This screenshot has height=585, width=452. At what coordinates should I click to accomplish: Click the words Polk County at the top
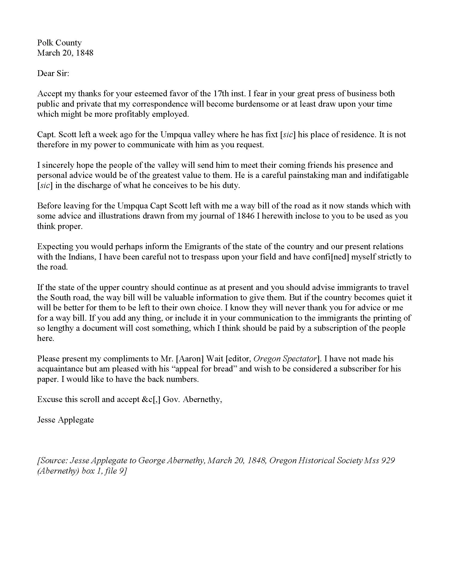59,43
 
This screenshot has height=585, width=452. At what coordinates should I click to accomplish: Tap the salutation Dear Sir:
53,73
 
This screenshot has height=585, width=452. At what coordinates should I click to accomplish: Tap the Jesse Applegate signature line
65,420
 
